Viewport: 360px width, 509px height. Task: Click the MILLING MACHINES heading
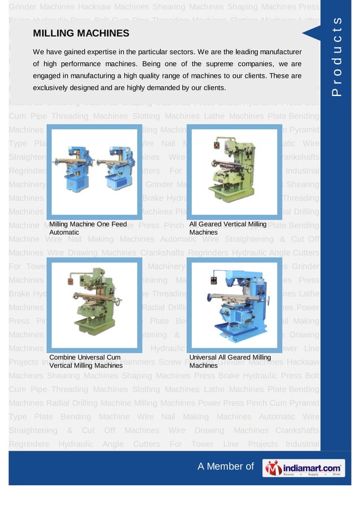81,34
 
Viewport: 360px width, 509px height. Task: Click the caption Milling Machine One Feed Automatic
87,228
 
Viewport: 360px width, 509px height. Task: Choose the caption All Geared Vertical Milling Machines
227,228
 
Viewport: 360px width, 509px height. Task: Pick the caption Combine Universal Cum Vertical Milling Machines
86,361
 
